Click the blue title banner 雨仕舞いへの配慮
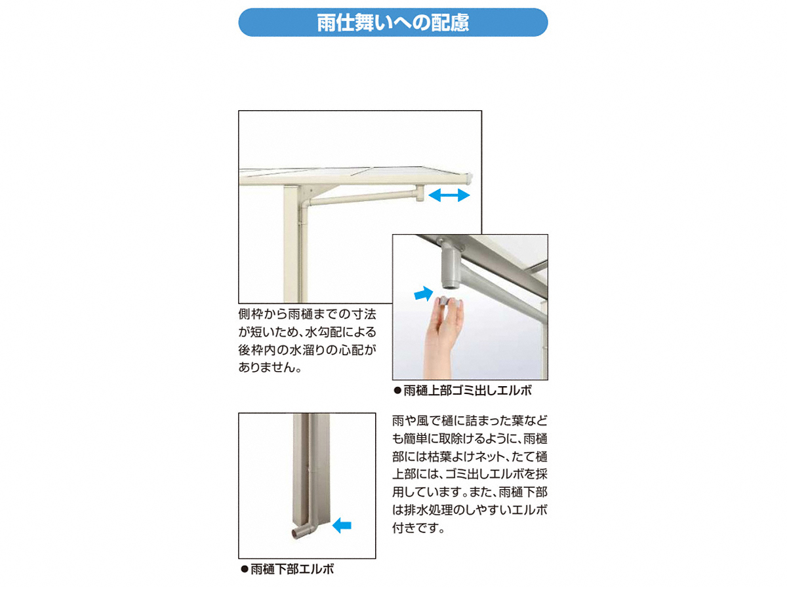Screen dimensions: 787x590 point(393,22)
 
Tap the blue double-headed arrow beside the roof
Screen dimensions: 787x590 point(449,195)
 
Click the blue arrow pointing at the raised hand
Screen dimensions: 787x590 point(424,294)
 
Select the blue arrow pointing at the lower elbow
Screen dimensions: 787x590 point(342,526)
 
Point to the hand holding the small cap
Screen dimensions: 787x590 point(442,337)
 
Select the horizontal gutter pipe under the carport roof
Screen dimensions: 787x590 point(361,198)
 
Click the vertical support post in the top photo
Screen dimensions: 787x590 point(291,244)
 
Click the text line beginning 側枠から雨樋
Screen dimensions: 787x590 point(307,314)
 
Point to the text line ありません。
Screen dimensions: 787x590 point(270,367)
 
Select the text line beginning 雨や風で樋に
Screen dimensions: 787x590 point(470,420)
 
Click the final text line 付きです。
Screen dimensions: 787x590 point(418,527)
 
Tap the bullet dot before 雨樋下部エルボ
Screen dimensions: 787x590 point(245,569)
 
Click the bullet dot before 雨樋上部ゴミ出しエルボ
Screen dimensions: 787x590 point(397,391)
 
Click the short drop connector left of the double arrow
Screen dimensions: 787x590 point(420,193)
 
